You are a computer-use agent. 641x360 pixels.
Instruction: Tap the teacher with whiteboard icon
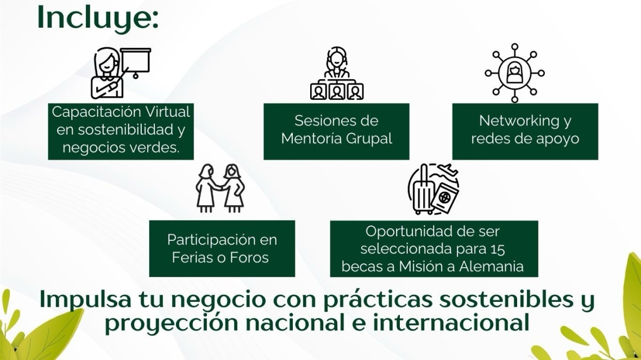tap(121, 73)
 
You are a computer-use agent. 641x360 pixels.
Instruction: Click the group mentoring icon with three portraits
tap(336, 73)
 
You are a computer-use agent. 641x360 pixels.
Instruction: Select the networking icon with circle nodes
tap(514, 73)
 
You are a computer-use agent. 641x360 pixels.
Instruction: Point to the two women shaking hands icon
tap(220, 188)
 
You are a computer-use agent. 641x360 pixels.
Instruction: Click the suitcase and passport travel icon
tap(433, 189)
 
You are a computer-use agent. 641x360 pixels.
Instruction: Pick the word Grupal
tap(369, 139)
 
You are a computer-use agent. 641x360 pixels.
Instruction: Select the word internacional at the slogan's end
tap(451, 322)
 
